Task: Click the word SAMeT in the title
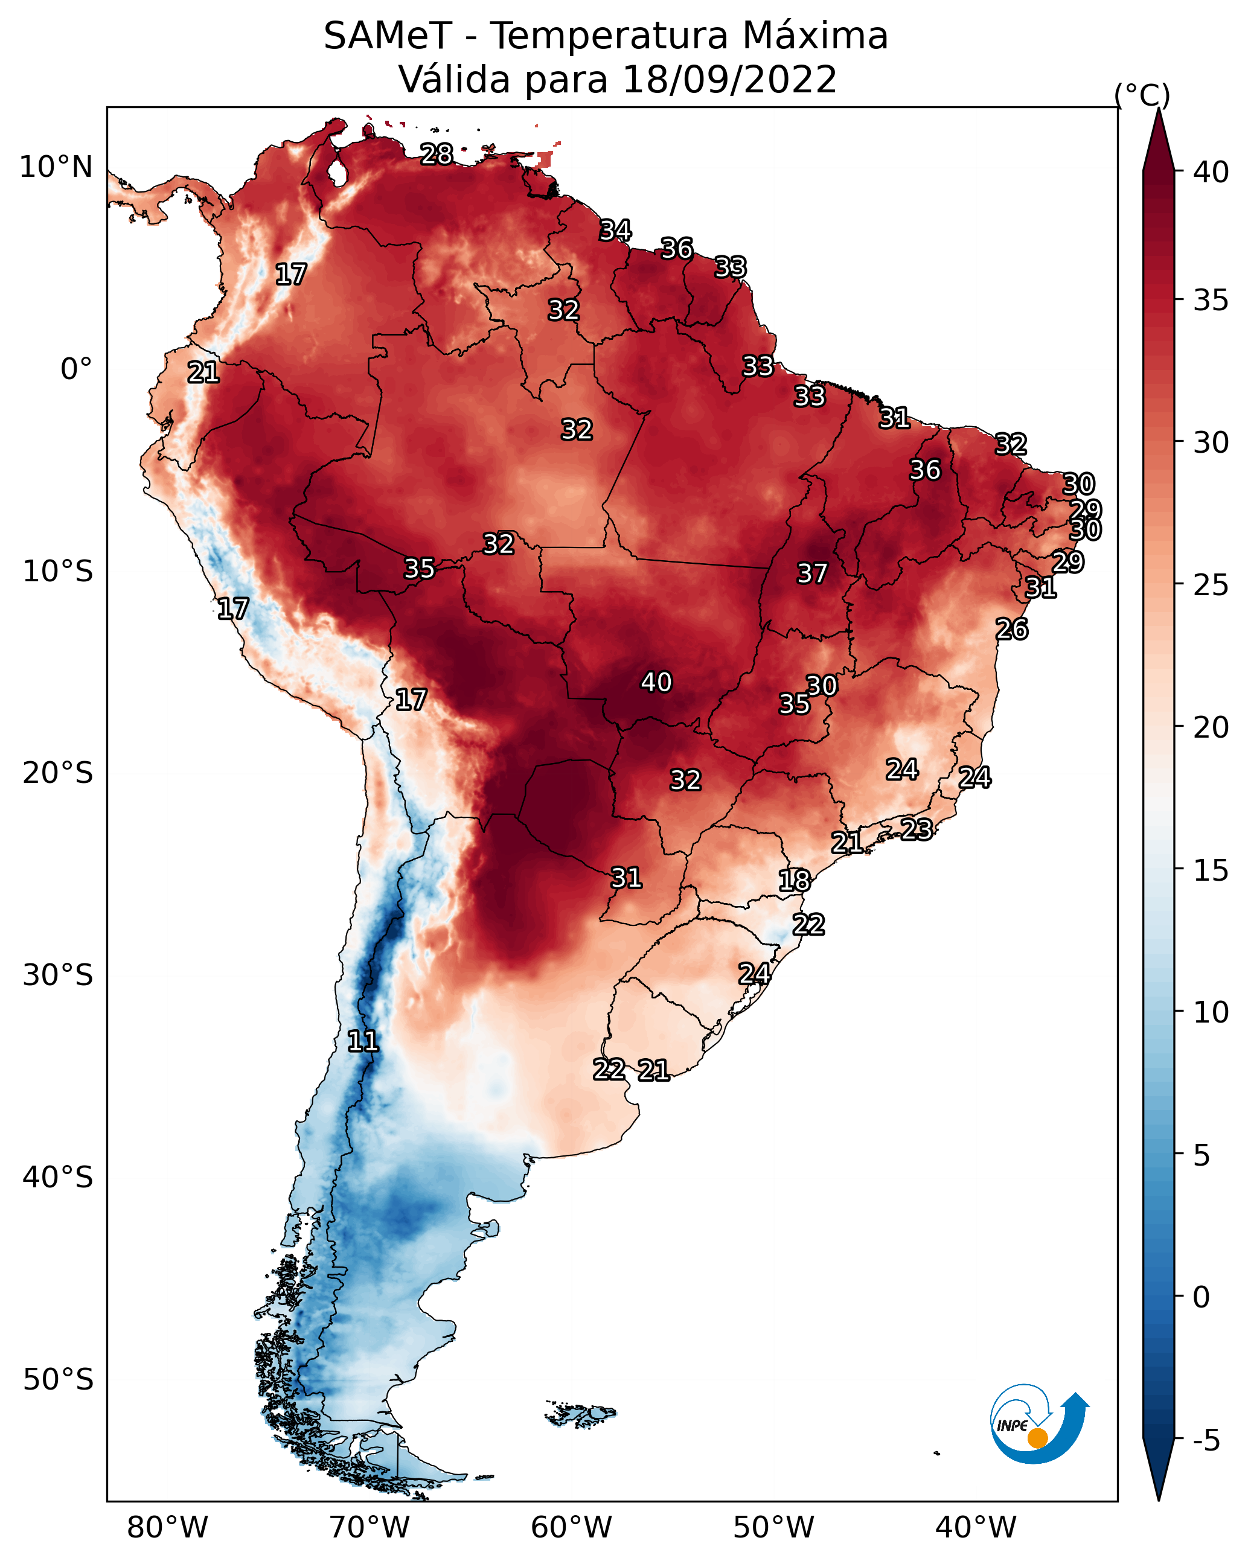[x=388, y=36]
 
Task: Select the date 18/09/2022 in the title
[x=729, y=79]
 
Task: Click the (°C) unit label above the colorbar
[x=1142, y=95]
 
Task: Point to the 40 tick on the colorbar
[x=1211, y=171]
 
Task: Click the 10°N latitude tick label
[x=56, y=167]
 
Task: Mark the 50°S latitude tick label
[x=58, y=1380]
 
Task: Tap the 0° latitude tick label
[x=77, y=369]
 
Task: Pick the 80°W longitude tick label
[x=167, y=1527]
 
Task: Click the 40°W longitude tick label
[x=976, y=1527]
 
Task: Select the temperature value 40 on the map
[x=656, y=682]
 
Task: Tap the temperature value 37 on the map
[x=812, y=573]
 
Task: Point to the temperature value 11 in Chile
[x=363, y=1041]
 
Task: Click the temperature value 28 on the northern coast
[x=437, y=154]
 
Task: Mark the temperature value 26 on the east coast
[x=1012, y=629]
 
